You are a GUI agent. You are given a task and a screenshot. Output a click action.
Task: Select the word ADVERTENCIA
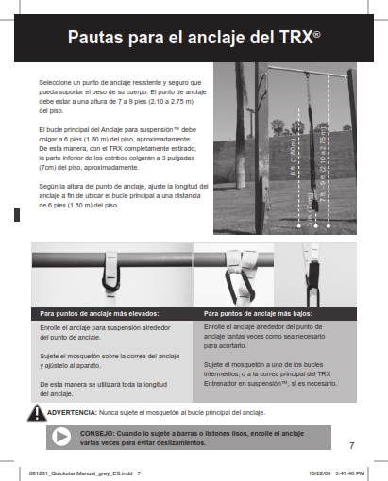(x=73, y=413)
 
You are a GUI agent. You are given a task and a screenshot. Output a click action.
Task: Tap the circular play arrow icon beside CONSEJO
(x=62, y=437)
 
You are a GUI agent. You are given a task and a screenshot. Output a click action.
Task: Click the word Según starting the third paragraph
(x=47, y=188)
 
